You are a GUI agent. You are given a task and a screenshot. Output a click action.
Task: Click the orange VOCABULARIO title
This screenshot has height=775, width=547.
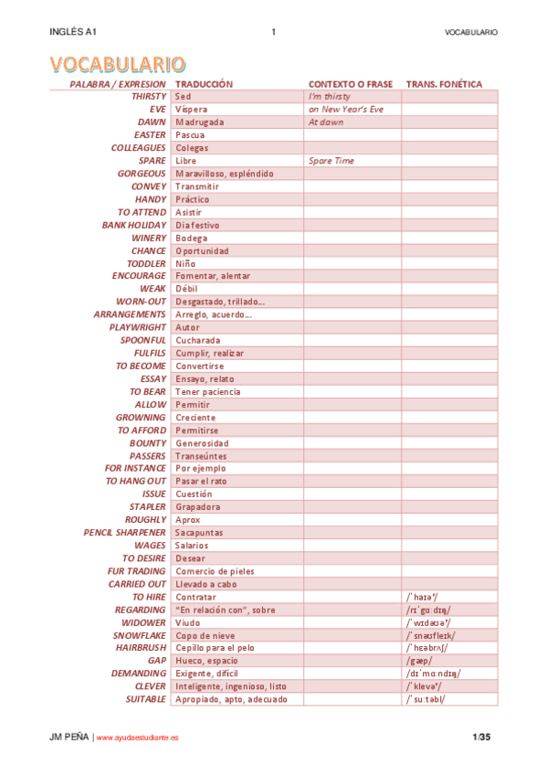(117, 63)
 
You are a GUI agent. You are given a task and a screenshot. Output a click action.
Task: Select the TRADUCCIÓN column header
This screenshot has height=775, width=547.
(204, 84)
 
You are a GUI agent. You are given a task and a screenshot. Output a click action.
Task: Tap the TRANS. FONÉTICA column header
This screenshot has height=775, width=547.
(444, 84)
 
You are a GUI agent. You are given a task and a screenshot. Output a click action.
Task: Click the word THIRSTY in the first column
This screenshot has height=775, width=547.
(149, 96)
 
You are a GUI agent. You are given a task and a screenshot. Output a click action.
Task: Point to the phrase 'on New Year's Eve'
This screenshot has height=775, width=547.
(346, 109)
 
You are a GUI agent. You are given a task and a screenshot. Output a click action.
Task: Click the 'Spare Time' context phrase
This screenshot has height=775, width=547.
(331, 161)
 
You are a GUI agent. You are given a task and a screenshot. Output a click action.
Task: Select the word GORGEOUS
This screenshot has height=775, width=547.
(142, 174)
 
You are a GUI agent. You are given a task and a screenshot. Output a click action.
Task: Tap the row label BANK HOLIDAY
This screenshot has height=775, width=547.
(134, 225)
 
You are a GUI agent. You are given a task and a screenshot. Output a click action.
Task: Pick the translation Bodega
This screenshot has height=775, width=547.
(192, 238)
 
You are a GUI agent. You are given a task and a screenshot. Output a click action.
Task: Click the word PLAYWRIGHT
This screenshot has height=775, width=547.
(138, 327)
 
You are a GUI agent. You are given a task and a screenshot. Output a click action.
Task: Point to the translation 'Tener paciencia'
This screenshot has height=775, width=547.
(208, 391)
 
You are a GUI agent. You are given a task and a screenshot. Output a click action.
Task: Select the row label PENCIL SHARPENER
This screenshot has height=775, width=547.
(125, 532)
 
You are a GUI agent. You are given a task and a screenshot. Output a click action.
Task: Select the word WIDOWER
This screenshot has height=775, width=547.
(143, 622)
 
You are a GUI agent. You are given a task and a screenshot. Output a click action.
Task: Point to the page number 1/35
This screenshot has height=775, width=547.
(481, 737)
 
